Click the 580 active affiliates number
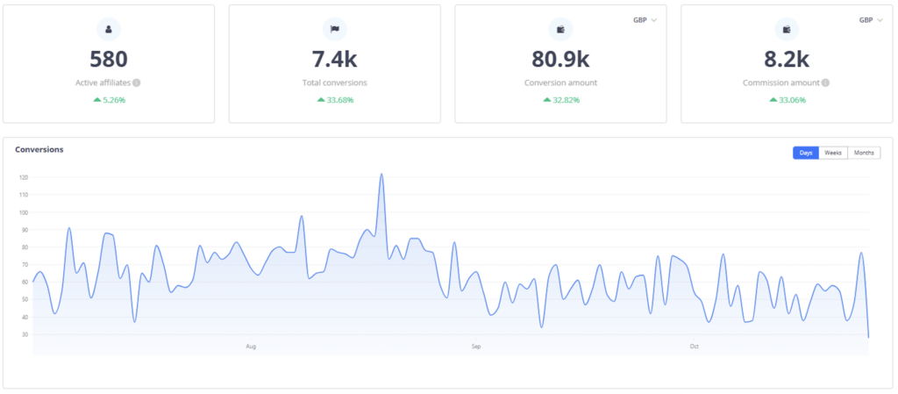click(109, 60)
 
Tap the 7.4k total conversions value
click(335, 60)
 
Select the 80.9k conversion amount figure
click(560, 60)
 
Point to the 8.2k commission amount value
click(787, 60)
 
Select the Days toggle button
click(806, 153)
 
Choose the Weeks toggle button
click(833, 153)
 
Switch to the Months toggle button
click(864, 153)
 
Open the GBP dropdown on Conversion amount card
click(645, 19)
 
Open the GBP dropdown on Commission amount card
click(871, 19)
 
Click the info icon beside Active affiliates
click(137, 83)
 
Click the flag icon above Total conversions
click(335, 29)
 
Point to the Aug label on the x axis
click(251, 347)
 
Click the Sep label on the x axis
click(476, 347)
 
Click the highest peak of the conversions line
click(381, 175)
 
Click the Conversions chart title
click(39, 150)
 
